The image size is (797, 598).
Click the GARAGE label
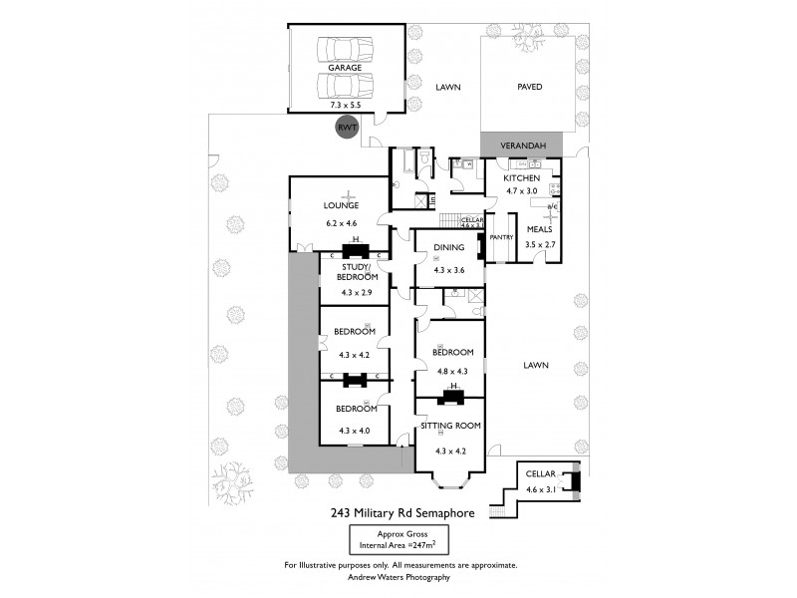(x=346, y=68)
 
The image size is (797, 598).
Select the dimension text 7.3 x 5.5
(x=346, y=104)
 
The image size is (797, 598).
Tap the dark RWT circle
(x=347, y=128)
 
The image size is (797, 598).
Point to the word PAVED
(x=529, y=88)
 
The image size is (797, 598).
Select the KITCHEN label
(x=521, y=177)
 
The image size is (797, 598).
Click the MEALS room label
(x=539, y=229)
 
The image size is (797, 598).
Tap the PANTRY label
(x=501, y=237)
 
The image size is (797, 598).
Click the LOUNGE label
(x=339, y=206)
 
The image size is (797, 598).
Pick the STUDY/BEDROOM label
(x=354, y=271)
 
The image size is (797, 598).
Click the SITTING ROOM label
(x=449, y=426)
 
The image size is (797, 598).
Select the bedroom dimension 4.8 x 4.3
(x=449, y=372)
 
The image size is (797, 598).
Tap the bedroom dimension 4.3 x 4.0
(x=354, y=431)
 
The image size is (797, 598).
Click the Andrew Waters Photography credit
(x=398, y=577)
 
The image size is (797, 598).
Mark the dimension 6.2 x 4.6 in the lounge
(x=339, y=224)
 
